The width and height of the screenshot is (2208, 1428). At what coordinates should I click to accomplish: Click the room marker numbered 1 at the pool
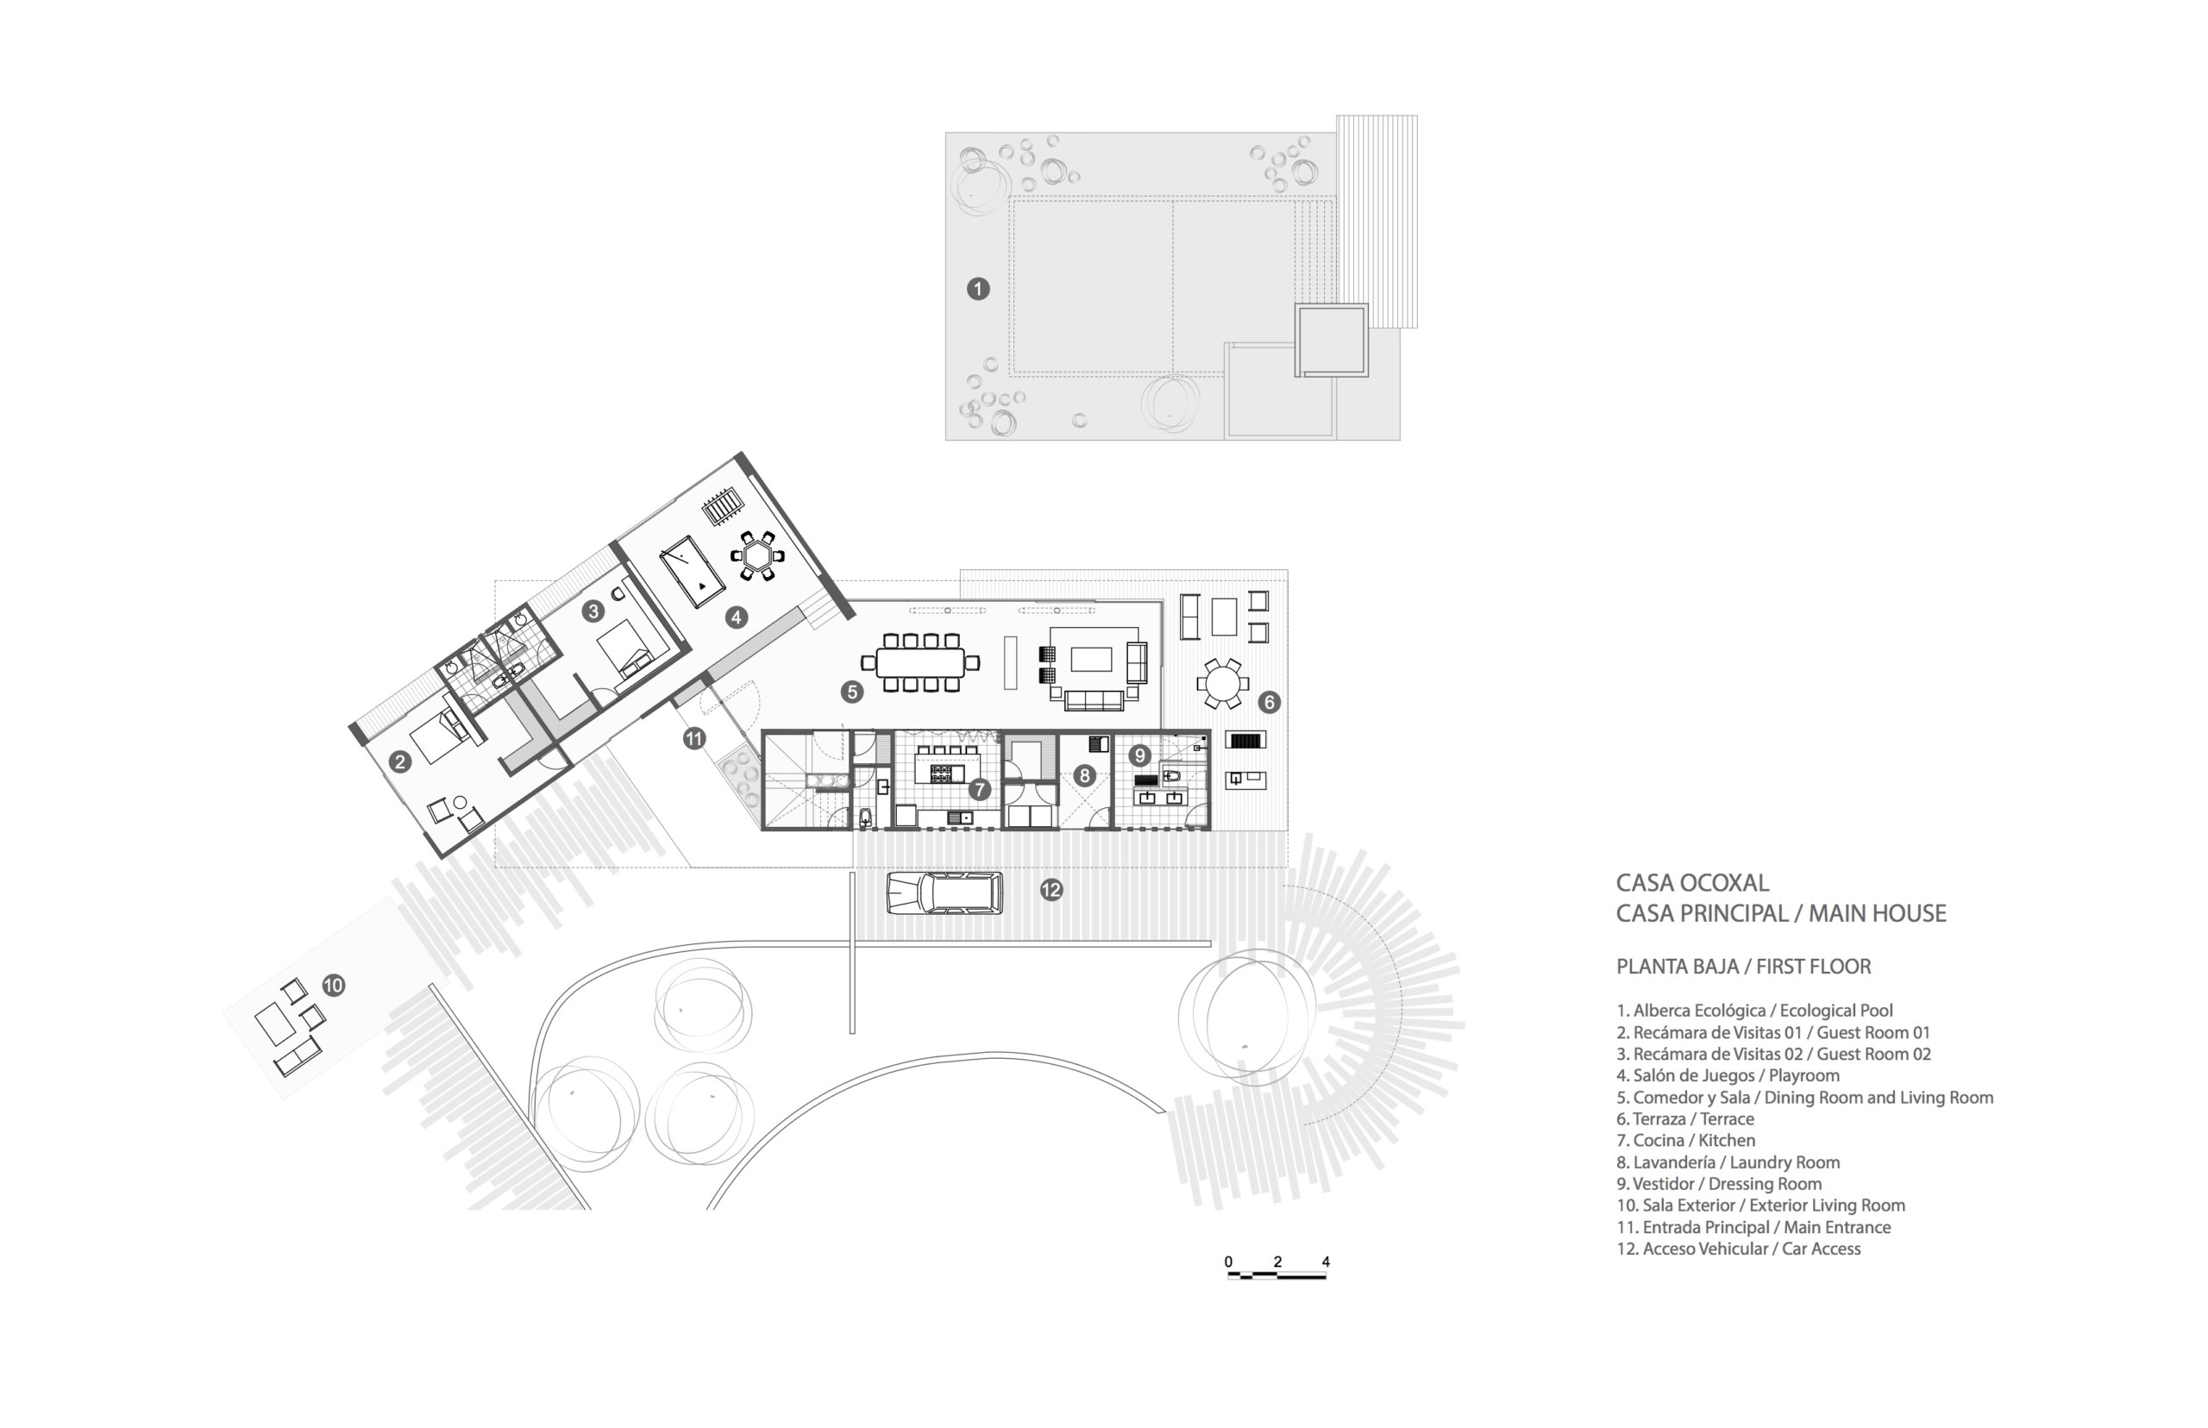977,290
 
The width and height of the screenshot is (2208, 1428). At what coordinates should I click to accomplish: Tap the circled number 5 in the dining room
851,691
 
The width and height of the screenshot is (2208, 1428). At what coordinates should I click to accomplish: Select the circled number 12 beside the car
1051,890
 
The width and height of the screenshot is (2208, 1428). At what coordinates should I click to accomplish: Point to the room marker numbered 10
334,986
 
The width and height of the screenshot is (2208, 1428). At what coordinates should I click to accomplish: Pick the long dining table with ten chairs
920,662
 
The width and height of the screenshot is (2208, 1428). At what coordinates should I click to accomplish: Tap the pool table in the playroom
692,570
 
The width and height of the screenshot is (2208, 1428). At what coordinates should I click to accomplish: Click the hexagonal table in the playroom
758,556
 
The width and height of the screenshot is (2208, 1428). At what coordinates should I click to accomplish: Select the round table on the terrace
1221,685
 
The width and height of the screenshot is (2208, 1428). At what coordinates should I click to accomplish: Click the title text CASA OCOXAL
1692,883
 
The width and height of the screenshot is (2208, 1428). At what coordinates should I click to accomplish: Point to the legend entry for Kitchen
1685,1141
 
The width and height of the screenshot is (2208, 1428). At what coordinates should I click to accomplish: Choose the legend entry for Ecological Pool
1754,1011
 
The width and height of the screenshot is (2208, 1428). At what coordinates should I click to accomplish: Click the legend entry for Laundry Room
1728,1162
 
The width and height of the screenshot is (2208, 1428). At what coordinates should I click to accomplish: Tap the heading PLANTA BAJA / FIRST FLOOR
1743,966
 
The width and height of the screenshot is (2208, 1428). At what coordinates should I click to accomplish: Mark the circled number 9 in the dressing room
1139,755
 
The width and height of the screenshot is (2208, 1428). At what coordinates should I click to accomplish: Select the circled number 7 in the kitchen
979,789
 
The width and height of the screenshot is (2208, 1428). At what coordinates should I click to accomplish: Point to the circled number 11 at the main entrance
693,739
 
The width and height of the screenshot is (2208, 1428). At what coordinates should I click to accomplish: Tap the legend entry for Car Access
1738,1249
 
